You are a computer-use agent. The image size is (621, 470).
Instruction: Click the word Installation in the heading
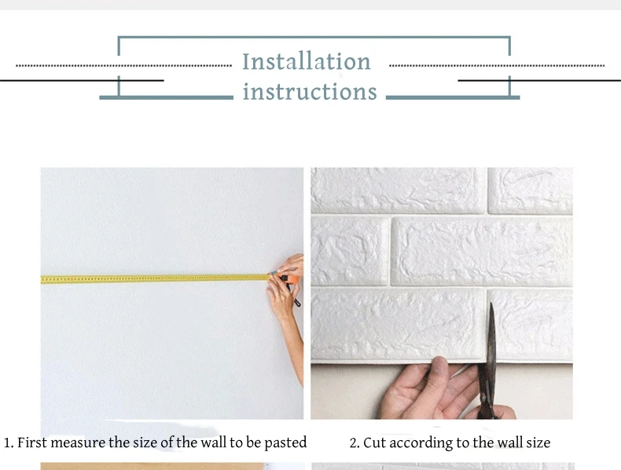pyautogui.click(x=307, y=61)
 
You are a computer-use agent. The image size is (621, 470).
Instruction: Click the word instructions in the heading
pyautogui.click(x=310, y=91)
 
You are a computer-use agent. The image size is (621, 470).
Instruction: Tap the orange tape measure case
pyautogui.click(x=290, y=278)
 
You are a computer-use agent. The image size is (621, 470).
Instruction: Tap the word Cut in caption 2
pyautogui.click(x=374, y=442)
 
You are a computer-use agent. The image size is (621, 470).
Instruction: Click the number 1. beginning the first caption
pyautogui.click(x=9, y=442)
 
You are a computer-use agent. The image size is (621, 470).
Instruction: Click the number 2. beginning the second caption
pyautogui.click(x=355, y=442)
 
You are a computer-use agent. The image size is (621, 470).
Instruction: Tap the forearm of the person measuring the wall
pyautogui.click(x=294, y=348)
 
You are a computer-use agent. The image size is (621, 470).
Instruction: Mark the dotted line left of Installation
pyautogui.click(x=124, y=66)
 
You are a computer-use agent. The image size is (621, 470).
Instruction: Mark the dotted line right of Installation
pyautogui.click(x=497, y=66)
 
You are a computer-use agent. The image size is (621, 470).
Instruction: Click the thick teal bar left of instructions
pyautogui.click(x=167, y=97)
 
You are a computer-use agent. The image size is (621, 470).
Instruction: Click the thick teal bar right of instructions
pyautogui.click(x=453, y=97)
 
